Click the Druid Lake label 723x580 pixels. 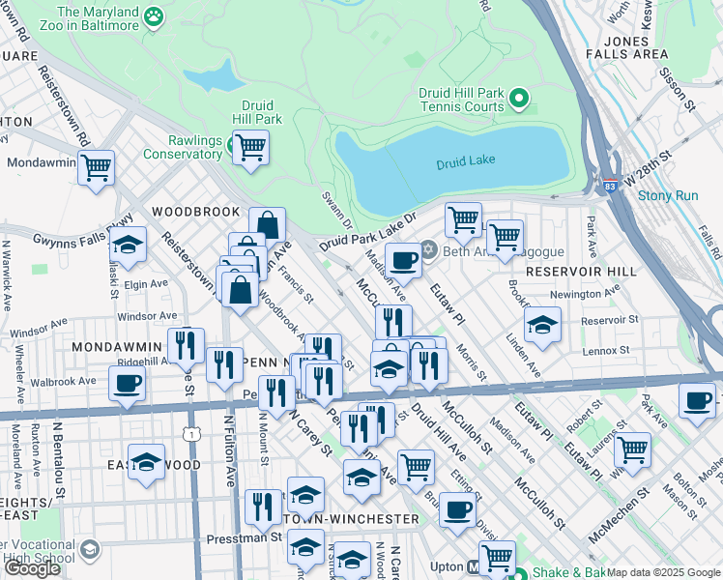pos(465,163)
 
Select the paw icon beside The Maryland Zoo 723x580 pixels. pos(153,16)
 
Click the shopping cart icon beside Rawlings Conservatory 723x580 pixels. pos(250,148)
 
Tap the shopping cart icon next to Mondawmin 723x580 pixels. pos(96,167)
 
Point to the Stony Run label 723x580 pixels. pos(667,195)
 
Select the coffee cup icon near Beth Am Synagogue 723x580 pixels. pos(403,259)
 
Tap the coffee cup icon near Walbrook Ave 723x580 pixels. pos(125,383)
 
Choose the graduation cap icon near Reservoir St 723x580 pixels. pos(542,327)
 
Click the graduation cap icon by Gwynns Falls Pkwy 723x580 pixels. pos(129,245)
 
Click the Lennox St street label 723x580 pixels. pos(606,350)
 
